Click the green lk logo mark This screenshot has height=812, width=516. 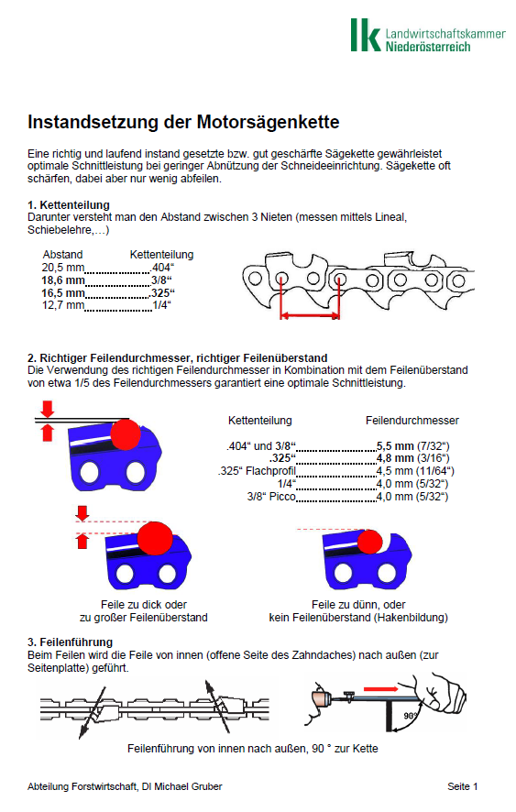366,35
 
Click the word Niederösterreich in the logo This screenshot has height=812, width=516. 428,47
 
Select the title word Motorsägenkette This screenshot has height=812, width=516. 268,122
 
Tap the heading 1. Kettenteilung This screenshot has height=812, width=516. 69,204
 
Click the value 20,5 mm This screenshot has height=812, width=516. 62,268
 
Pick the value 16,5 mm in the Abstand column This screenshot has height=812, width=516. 62,292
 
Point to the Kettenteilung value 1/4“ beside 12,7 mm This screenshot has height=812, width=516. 161,305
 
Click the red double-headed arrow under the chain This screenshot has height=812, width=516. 310,314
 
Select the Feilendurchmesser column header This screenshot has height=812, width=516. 412,421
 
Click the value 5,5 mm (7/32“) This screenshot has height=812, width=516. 413,446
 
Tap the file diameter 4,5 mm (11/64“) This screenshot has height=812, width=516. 415,471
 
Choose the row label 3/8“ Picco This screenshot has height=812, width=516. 271,496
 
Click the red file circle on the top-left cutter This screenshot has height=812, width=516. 126,434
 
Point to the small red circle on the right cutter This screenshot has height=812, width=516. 370,542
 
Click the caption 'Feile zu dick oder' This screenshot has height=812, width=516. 144,604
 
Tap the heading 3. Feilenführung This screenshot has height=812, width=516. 70,642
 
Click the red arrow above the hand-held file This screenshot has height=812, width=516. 380,689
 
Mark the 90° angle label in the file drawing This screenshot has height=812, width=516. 411,716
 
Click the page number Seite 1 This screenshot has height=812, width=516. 462,786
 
